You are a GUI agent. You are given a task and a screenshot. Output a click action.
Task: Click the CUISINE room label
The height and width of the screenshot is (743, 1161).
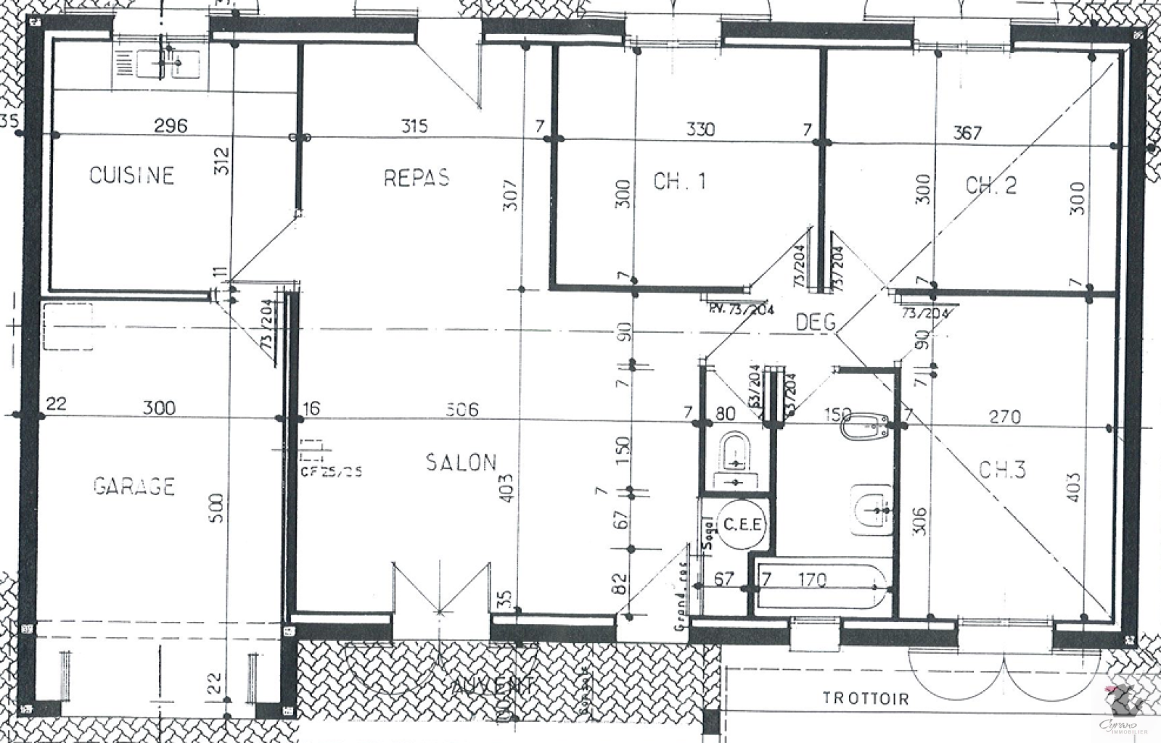(131, 175)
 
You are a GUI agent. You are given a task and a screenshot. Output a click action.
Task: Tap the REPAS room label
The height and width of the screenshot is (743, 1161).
(416, 178)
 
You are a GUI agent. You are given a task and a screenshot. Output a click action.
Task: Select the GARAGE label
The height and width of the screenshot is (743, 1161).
(134, 486)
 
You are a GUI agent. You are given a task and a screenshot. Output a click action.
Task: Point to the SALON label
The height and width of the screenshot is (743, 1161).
(461, 462)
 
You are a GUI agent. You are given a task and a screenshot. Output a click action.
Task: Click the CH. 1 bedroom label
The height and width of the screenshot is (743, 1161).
(679, 181)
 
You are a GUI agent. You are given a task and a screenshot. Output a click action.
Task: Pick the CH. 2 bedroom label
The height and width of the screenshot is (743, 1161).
(990, 186)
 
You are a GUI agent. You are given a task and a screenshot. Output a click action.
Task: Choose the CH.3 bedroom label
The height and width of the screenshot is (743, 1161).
(1002, 470)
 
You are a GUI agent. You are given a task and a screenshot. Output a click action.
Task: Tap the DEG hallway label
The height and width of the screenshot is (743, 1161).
(816, 322)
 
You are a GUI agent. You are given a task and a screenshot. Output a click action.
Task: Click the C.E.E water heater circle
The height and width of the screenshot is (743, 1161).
(742, 524)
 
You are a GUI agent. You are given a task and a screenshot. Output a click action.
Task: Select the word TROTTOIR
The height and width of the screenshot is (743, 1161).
(865, 699)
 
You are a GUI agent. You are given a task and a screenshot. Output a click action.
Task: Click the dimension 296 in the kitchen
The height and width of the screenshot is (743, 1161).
(171, 125)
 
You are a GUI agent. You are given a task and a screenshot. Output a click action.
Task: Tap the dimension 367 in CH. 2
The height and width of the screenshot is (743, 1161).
(967, 133)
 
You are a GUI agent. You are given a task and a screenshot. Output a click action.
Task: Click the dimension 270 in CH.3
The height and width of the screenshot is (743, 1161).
(1004, 417)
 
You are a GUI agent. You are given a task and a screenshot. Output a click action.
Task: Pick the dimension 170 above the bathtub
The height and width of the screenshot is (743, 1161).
(811, 579)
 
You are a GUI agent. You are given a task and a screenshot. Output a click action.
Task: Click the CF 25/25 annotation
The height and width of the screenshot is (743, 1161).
(331, 471)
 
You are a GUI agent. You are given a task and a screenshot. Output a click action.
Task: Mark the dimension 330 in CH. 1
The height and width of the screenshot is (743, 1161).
(700, 129)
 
